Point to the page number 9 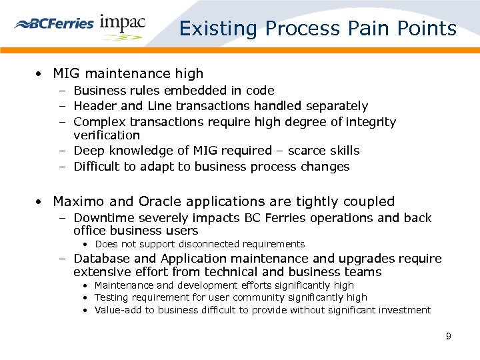(449, 336)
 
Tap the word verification (107, 135)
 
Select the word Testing (113, 297)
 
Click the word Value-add (119, 310)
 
